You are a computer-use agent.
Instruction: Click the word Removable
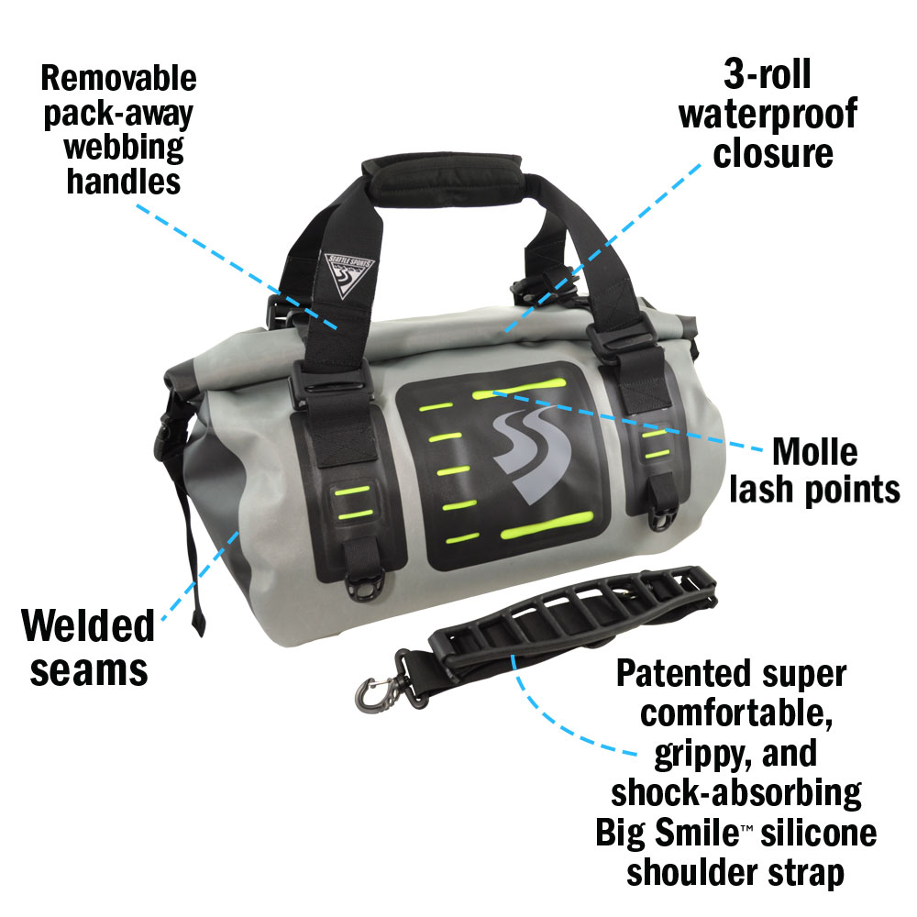tap(118, 78)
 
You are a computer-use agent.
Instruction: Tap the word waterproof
tap(768, 114)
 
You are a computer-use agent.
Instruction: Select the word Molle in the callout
tap(814, 451)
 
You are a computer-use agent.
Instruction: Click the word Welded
tap(88, 625)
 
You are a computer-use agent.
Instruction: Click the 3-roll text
tap(768, 74)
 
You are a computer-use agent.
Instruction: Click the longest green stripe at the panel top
tap(518, 388)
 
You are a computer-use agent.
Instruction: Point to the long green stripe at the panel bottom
tap(547, 525)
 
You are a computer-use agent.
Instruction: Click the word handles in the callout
tap(124, 182)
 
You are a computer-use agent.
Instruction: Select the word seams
tap(89, 671)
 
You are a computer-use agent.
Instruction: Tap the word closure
tap(772, 153)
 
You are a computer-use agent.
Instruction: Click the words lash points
tap(814, 489)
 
